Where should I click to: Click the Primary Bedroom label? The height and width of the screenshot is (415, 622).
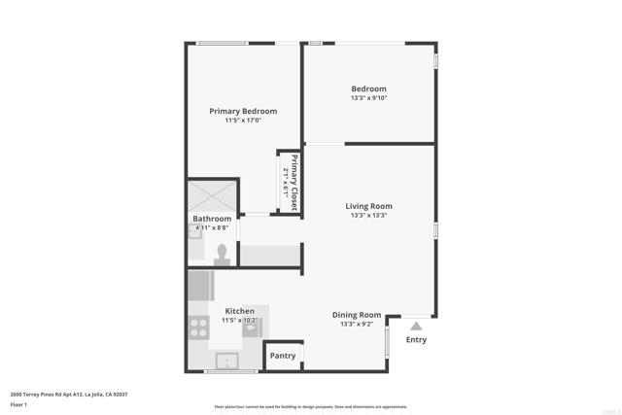point(243,112)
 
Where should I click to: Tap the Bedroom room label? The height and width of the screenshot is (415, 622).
point(368,89)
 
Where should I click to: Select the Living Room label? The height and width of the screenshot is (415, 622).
point(368,206)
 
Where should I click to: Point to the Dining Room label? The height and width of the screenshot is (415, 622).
point(357,315)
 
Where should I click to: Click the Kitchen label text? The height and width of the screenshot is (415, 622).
point(239,311)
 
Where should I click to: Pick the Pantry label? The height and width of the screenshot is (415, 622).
point(283,357)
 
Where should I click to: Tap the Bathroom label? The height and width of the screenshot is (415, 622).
point(212,219)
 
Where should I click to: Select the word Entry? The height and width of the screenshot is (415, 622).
point(416,340)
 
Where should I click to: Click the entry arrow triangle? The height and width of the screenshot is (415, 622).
point(416,328)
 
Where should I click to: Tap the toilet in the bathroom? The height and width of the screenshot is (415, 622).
point(222,254)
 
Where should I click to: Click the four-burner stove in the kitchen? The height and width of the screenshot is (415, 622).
point(198,328)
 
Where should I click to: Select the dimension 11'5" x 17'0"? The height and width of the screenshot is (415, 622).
point(243,121)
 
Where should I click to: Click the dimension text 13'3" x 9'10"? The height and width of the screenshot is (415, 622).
point(368,99)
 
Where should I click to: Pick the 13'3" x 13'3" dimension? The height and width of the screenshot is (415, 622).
point(368,216)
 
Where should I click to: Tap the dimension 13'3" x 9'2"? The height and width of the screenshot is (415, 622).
point(357,325)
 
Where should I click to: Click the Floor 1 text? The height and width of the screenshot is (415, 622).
point(19,403)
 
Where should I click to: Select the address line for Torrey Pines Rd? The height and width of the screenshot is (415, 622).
point(69,395)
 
